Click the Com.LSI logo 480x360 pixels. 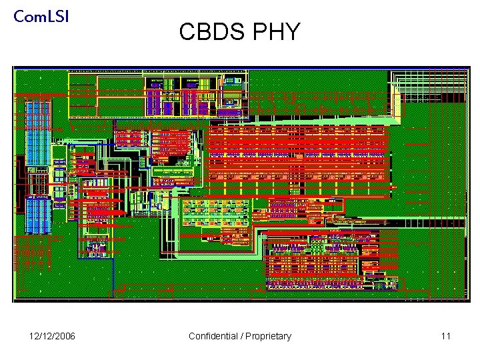[x=41, y=16]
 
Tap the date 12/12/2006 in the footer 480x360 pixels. [x=52, y=336]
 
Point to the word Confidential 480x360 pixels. [x=213, y=336]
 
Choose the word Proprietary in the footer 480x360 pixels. [x=268, y=336]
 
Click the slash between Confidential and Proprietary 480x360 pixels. [x=241, y=336]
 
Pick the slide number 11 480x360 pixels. [x=445, y=336]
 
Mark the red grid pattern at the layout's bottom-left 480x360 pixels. [x=32, y=252]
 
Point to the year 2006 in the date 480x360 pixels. [x=65, y=336]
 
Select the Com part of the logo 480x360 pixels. [x=29, y=16]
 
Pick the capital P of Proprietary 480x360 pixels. [x=248, y=336]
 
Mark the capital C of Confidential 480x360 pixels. [x=192, y=336]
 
